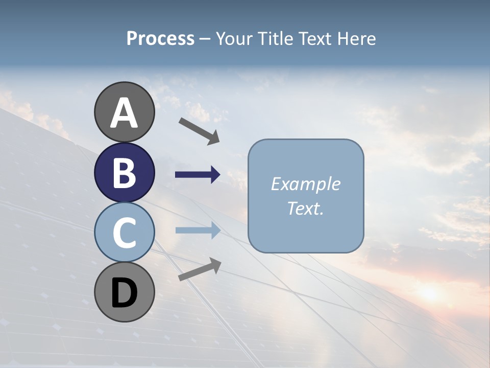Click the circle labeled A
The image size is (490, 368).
[124, 112]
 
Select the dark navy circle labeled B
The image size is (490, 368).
[124, 172]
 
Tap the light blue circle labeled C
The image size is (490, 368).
[124, 232]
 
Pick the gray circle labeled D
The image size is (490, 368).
[124, 292]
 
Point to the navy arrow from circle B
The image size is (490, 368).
[197, 175]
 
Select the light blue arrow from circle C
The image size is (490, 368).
[197, 230]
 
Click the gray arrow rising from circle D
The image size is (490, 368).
[199, 269]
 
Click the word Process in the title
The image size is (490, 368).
[160, 39]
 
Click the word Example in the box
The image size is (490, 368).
[305, 184]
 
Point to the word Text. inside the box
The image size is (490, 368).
[305, 208]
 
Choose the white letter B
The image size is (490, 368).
[124, 173]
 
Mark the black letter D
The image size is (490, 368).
[124, 293]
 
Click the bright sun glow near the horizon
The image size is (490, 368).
[429, 292]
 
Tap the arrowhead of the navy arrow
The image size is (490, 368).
[215, 175]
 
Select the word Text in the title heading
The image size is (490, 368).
[316, 39]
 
